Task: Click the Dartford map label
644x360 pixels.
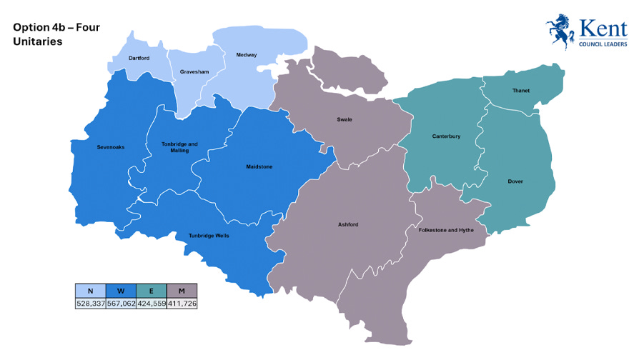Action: [x=139, y=58]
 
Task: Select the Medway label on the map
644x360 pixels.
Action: [x=247, y=55]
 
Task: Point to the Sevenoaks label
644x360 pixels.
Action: [x=111, y=147]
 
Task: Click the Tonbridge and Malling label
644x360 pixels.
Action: [x=179, y=147]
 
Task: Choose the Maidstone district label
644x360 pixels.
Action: [x=259, y=166]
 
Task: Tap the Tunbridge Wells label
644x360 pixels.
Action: [x=209, y=236]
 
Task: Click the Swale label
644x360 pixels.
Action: [x=345, y=119]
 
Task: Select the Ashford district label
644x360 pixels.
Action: [x=348, y=225]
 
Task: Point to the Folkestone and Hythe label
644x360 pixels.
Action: [x=447, y=230]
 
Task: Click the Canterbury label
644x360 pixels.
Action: [x=446, y=136]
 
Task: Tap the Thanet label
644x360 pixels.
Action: [x=520, y=91]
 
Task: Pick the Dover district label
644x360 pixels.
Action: [x=515, y=181]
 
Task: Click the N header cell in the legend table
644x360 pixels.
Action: [x=90, y=291]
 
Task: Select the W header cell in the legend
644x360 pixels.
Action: [x=121, y=291]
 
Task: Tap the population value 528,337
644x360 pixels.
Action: [x=90, y=304]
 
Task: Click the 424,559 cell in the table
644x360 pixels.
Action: [x=151, y=304]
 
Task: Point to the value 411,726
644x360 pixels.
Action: [x=182, y=304]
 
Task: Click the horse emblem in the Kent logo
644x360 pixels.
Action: [x=561, y=32]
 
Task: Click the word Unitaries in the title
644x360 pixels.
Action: [x=37, y=42]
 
